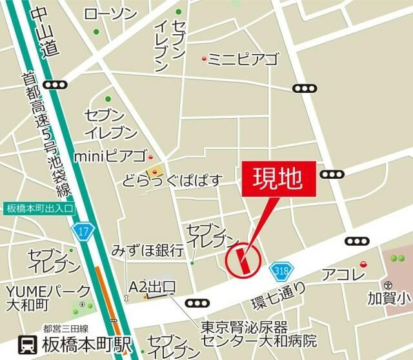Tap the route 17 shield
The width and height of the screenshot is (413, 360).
[85, 230]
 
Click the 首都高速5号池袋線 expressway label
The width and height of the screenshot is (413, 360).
[45, 135]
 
